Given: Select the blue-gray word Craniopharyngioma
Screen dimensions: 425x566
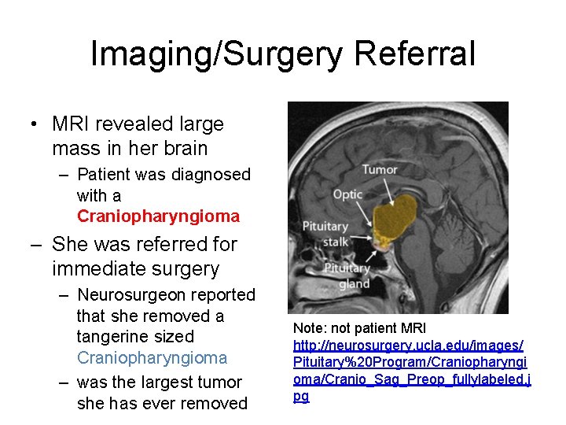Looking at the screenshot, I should click(152, 357).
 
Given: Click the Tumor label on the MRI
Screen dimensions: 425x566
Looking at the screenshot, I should click(379, 169).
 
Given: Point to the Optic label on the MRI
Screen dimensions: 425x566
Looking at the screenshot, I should click(347, 194).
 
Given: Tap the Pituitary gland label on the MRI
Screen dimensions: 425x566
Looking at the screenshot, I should click(347, 275).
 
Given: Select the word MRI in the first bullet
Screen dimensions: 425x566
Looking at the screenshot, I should click(72, 124).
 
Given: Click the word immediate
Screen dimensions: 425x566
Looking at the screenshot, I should click(106, 268).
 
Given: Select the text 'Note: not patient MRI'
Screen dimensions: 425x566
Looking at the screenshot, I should click(359, 327).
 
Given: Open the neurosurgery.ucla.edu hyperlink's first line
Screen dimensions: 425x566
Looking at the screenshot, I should click(408, 345).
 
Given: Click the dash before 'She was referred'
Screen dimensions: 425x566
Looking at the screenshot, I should click(37, 245).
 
